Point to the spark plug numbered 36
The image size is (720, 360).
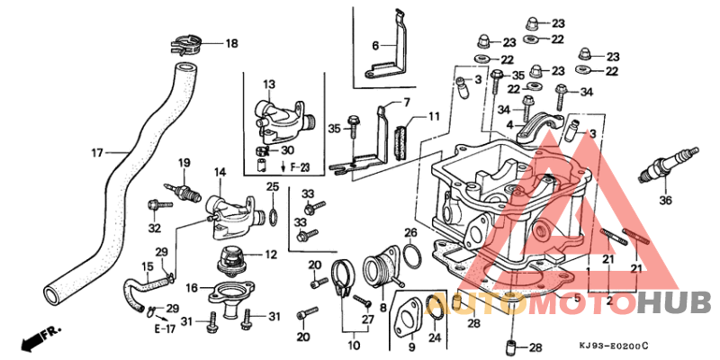[670, 166]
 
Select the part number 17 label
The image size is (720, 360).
[97, 152]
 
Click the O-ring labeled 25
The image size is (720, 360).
[273, 216]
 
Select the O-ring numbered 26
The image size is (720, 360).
[411, 256]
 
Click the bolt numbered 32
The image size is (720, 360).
[159, 204]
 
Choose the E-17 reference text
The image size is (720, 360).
[165, 329]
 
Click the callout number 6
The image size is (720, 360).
[375, 45]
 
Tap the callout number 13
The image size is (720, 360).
[269, 84]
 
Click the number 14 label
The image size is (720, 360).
[220, 172]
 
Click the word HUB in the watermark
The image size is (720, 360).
[675, 302]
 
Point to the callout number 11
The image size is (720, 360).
[433, 116]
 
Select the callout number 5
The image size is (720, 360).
[578, 299]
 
